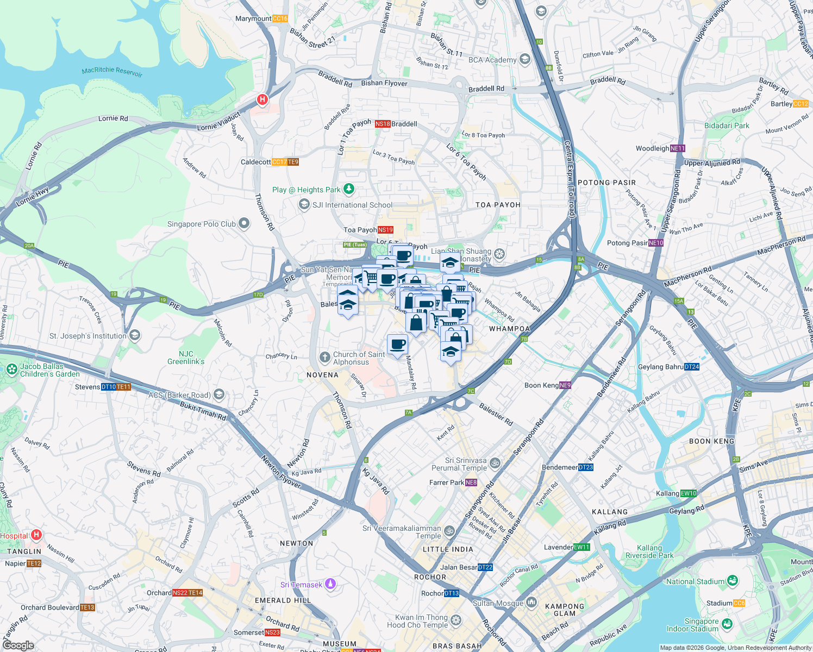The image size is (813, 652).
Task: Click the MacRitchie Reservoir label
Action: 112,71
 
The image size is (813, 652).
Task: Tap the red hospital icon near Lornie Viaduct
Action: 262,99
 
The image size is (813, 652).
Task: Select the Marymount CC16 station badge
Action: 280,18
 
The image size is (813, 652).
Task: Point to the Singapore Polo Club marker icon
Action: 244,223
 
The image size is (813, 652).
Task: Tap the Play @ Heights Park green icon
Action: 349,189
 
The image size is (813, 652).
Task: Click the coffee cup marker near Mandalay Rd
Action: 397,344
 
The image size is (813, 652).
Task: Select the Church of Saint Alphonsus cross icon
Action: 324,357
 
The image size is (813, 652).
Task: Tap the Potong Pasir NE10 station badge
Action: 656,243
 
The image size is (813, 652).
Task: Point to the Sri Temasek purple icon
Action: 330,584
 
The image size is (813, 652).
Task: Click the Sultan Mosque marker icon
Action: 531,603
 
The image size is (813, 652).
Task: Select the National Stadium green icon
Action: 732,581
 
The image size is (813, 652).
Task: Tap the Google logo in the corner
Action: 18,645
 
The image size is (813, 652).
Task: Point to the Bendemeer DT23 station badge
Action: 586,467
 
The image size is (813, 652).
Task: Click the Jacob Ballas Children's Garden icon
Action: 11,370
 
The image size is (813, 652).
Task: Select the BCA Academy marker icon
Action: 524,59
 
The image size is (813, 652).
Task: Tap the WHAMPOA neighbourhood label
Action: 509,329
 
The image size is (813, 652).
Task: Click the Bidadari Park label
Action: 727,126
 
